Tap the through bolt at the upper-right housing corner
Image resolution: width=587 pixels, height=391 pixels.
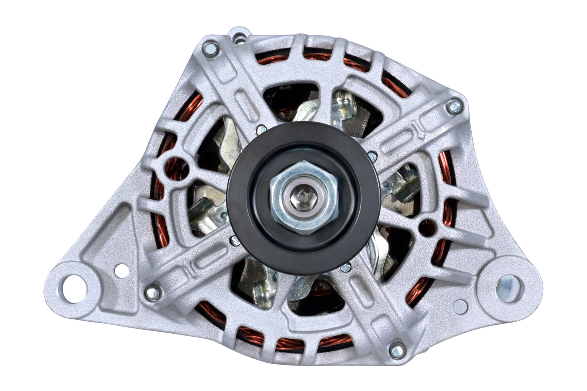click(454, 107)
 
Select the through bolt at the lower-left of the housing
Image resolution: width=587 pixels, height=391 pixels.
click(153, 292)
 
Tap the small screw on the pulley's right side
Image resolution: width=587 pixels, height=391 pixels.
click(372, 156)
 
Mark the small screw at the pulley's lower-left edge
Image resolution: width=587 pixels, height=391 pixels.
click(235, 240)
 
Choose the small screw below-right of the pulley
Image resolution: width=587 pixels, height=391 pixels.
click(345, 268)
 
